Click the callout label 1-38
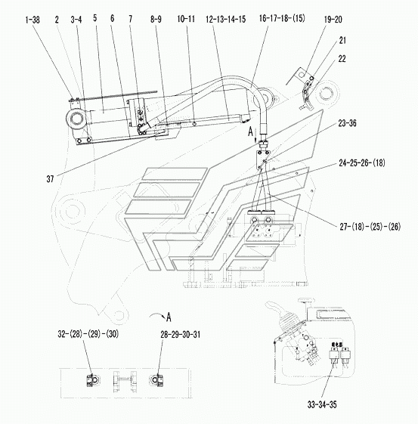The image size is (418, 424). click(x=33, y=20)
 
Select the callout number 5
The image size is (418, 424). click(x=95, y=18)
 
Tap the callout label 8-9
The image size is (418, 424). click(x=156, y=19)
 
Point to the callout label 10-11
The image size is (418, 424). click(x=186, y=19)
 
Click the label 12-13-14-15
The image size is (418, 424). click(x=226, y=19)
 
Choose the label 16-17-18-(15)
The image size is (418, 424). click(x=282, y=18)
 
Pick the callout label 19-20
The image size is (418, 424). click(x=333, y=20)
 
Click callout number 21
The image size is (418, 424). click(x=342, y=41)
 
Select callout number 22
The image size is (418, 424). click(x=342, y=59)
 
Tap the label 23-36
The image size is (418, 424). click(x=348, y=123)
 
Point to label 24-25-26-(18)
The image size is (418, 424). click(x=362, y=162)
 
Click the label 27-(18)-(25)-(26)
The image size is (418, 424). click(x=370, y=227)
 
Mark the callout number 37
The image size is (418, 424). click(x=50, y=178)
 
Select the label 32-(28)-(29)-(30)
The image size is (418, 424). click(x=88, y=334)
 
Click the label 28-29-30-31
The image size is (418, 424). click(x=181, y=335)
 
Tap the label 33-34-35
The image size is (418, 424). click(x=322, y=405)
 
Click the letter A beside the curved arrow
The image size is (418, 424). click(x=169, y=317)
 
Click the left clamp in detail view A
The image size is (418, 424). click(x=93, y=380)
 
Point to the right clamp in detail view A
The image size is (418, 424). click(x=156, y=380)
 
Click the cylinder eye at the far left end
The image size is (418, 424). click(x=76, y=119)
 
